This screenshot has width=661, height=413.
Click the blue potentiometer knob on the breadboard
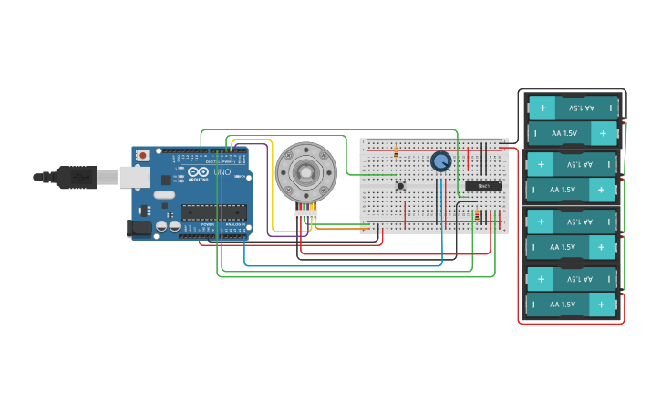[440, 161]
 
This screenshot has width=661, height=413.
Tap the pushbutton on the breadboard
[400, 186]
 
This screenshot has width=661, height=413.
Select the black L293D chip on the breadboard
[483, 186]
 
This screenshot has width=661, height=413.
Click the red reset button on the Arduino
[142, 156]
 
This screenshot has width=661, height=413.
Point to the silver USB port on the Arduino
[133, 176]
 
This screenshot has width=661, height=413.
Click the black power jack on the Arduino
[138, 228]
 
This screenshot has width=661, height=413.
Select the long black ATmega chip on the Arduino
[212, 212]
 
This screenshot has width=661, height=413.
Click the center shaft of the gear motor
[305, 170]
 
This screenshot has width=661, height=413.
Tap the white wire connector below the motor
[305, 214]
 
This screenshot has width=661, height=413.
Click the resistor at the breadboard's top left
[396, 152]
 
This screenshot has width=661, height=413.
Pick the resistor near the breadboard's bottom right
[476, 216]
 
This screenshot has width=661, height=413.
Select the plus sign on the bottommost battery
[602, 305]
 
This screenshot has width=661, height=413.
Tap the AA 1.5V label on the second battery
[563, 133]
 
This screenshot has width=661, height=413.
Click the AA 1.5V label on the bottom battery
[563, 305]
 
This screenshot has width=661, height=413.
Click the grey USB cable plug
[77, 177]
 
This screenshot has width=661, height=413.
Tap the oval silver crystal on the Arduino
[164, 194]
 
